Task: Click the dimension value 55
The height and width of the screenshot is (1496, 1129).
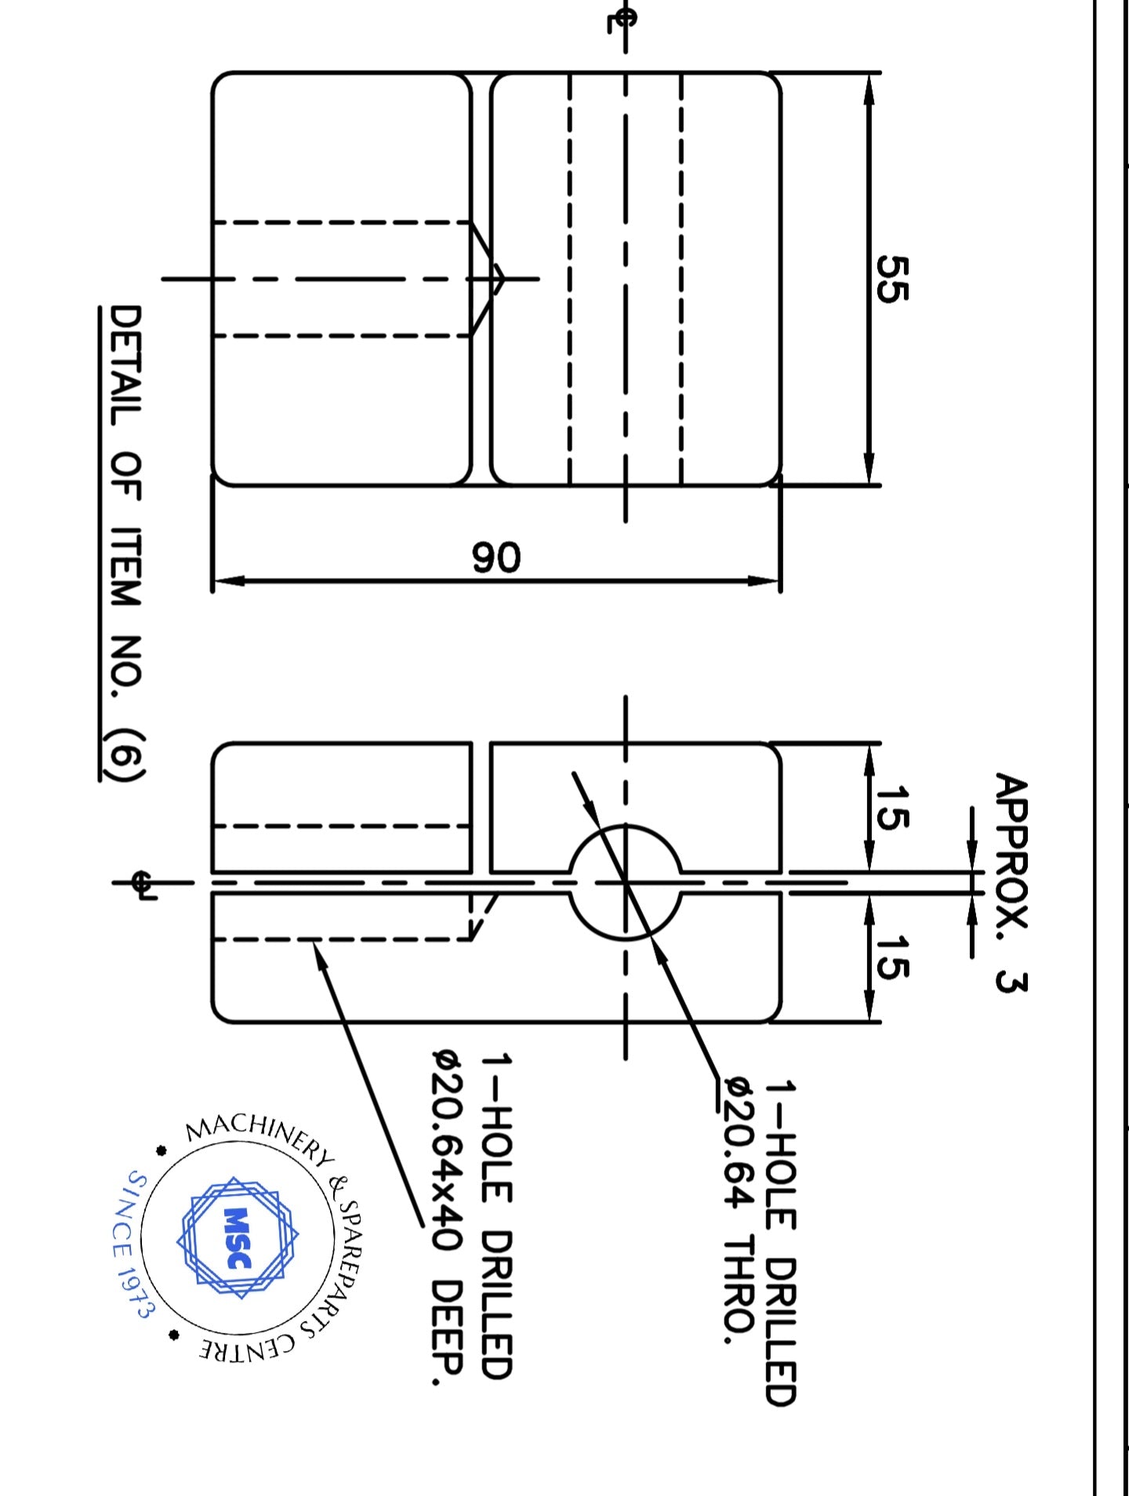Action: point(891,278)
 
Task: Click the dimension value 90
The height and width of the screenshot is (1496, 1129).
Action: point(496,557)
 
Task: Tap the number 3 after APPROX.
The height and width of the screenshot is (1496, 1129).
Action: point(1011,981)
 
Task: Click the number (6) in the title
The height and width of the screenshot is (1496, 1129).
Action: point(125,754)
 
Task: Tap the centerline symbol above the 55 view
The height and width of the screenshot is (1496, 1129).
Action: point(621,19)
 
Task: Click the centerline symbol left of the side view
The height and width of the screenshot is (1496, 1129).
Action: point(142,884)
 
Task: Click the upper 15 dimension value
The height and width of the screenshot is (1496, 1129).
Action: point(891,807)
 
